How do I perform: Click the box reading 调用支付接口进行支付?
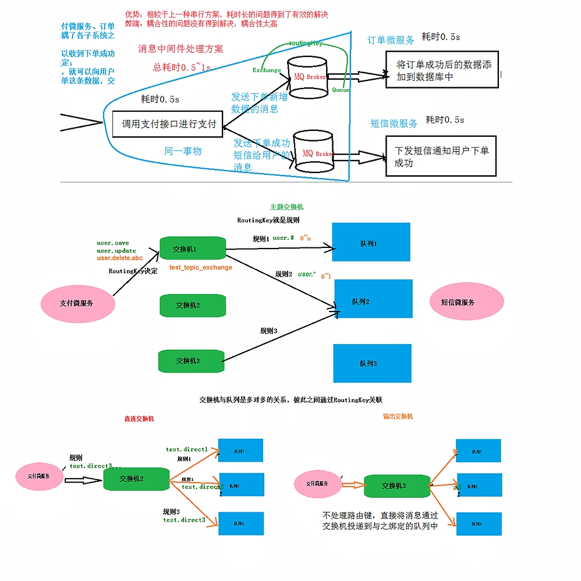point(168,124)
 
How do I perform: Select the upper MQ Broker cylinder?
point(308,76)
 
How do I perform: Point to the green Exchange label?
point(267,70)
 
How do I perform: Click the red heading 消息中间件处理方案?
point(180,49)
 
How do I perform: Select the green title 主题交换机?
point(286,207)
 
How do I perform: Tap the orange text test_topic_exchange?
point(201,267)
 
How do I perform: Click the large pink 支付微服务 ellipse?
point(77,303)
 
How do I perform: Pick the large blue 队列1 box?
point(371,243)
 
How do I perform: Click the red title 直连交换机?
point(139,418)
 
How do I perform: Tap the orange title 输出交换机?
point(398,416)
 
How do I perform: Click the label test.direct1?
point(186,449)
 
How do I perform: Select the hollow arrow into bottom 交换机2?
point(83,480)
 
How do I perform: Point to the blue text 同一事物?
point(183,151)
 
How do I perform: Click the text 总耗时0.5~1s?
point(182,67)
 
